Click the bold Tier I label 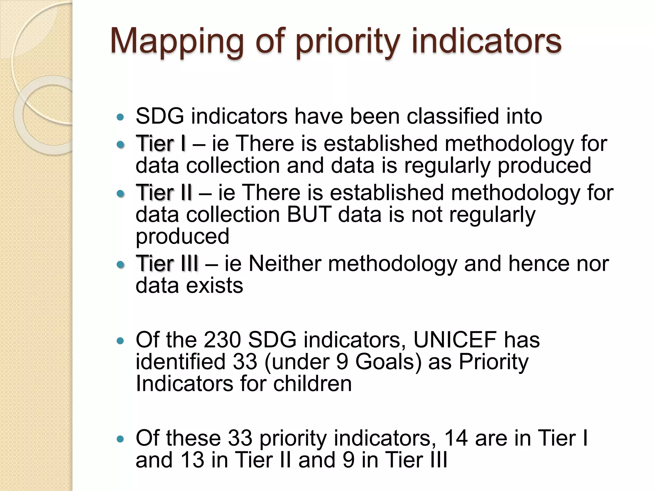(x=161, y=144)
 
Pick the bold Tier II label (x=164, y=193)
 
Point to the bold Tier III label (x=167, y=264)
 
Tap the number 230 (x=222, y=340)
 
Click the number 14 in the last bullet (x=456, y=438)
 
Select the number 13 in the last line (x=192, y=460)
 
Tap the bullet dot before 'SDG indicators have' (x=120, y=117)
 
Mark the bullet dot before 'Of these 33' (x=120, y=440)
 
